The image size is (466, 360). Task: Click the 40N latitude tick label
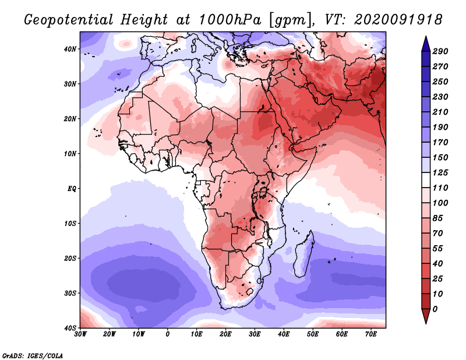(x=70, y=49)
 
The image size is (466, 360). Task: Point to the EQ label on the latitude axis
(x=72, y=189)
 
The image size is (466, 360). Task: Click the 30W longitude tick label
(x=80, y=334)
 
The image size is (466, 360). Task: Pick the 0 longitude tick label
(x=168, y=334)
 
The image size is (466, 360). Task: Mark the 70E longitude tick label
(x=371, y=334)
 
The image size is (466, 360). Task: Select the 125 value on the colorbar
(x=447, y=173)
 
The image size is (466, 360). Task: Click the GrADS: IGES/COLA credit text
(x=33, y=355)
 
